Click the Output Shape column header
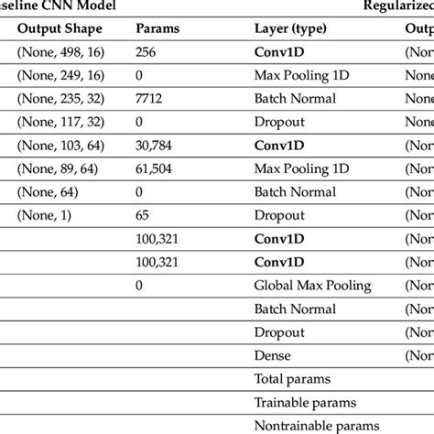click(60, 27)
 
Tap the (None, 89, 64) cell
click(58, 168)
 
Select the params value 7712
click(151, 98)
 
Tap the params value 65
click(144, 215)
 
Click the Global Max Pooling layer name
click(312, 286)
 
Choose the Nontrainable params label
click(316, 426)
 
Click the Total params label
click(291, 379)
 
